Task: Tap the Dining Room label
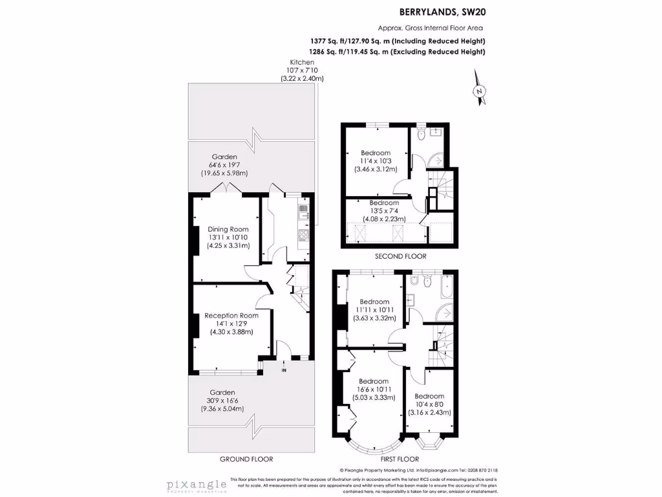click(x=228, y=229)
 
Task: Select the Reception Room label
click(x=231, y=316)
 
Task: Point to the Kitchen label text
click(x=302, y=62)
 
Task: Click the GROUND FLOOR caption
click(x=246, y=459)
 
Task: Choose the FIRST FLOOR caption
click(x=395, y=459)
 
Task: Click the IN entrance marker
click(x=283, y=371)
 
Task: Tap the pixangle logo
click(x=196, y=484)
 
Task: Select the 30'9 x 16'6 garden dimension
click(x=222, y=401)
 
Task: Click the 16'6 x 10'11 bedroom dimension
click(x=374, y=390)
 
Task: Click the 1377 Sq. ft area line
click(x=398, y=41)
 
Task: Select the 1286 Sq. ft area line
click(x=398, y=52)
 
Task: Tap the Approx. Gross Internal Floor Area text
click(x=431, y=28)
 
